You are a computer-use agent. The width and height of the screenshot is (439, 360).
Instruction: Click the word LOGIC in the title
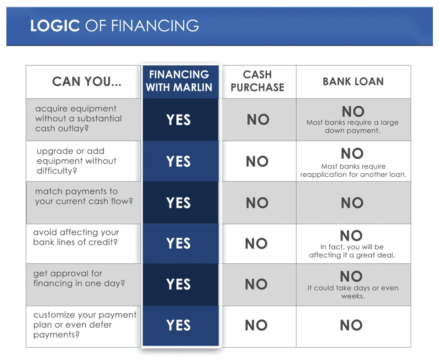pyautogui.click(x=55, y=25)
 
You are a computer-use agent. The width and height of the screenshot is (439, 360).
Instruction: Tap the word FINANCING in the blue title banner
pyautogui.click(x=155, y=25)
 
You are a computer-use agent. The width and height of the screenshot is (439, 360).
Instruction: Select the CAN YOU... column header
pyautogui.click(x=87, y=81)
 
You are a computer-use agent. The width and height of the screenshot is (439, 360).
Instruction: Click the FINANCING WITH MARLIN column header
pyautogui.click(x=179, y=81)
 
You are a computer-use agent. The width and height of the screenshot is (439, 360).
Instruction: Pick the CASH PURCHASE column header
pyautogui.click(x=257, y=81)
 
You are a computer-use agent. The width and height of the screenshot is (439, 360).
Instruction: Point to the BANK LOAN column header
pyautogui.click(x=353, y=81)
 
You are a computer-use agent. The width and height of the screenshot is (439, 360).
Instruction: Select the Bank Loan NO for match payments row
pyautogui.click(x=352, y=203)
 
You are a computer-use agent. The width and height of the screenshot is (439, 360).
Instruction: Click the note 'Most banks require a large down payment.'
pyautogui.click(x=352, y=126)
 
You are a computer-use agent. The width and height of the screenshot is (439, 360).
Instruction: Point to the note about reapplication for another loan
pyautogui.click(x=353, y=170)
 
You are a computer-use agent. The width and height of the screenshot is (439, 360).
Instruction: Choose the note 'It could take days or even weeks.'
pyautogui.click(x=353, y=292)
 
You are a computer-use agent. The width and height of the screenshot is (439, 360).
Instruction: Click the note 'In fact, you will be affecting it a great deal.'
pyautogui.click(x=352, y=251)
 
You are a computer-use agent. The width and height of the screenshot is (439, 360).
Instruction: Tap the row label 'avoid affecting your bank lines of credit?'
pyautogui.click(x=76, y=237)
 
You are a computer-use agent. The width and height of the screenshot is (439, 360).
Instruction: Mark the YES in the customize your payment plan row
pyautogui.click(x=178, y=325)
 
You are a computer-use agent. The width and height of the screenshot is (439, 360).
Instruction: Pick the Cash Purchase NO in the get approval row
pyautogui.click(x=256, y=284)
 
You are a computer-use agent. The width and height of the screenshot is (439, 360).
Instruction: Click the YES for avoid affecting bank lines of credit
pyautogui.click(x=178, y=243)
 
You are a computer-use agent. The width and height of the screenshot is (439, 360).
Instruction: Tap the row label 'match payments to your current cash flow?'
pyautogui.click(x=84, y=196)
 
